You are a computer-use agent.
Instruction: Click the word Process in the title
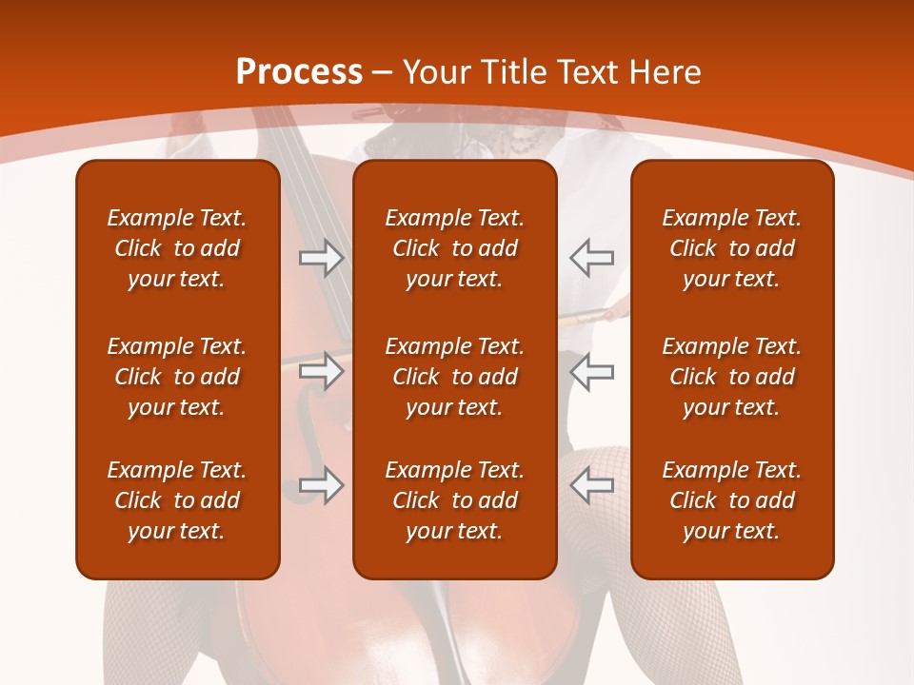(x=299, y=72)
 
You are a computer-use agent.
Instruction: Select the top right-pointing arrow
(x=321, y=258)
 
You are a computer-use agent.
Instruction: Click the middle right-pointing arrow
(x=321, y=371)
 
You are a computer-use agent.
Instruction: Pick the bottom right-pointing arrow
(x=321, y=485)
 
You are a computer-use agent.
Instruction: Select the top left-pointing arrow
(x=592, y=258)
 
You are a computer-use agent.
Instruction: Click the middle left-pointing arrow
(x=592, y=371)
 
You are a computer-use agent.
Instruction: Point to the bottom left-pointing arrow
(x=592, y=485)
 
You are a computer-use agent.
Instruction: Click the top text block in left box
(x=177, y=248)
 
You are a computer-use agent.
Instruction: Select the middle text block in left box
(x=177, y=377)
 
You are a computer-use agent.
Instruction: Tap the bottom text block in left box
(x=177, y=500)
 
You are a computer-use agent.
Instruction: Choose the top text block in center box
(x=454, y=248)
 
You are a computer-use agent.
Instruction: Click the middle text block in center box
(x=454, y=377)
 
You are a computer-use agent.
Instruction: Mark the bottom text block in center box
(x=454, y=500)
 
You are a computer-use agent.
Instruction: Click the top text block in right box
(x=731, y=248)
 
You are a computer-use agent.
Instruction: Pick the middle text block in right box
(x=731, y=377)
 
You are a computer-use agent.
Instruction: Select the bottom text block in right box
(x=731, y=500)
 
